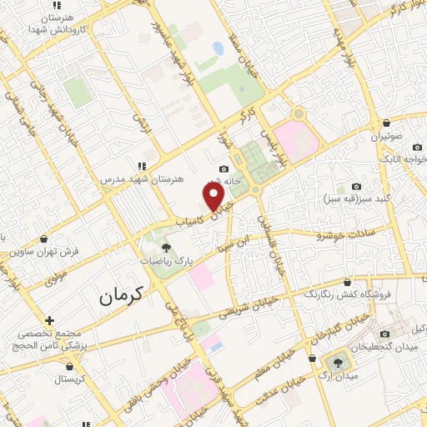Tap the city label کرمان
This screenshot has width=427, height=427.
(121, 294)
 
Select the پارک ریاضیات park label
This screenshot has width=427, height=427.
(165, 261)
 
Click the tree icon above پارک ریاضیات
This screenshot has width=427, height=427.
(165, 247)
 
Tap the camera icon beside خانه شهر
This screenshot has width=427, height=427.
(223, 170)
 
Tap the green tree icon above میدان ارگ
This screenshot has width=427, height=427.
(339, 361)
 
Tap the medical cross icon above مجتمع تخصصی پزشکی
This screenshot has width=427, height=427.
(50, 319)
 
